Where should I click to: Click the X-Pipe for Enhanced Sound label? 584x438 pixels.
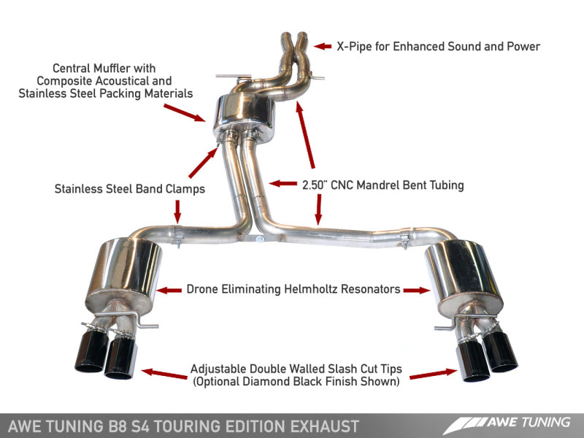[x=438, y=47]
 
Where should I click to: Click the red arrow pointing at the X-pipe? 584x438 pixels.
[x=323, y=47]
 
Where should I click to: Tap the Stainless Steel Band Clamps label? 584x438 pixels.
[x=129, y=188]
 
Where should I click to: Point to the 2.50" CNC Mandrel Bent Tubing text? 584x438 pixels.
[x=383, y=185]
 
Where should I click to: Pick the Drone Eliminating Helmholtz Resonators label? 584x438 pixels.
[x=293, y=289]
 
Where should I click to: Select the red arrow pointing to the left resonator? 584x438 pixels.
[x=169, y=290]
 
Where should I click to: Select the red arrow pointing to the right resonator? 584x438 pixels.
[x=417, y=290]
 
